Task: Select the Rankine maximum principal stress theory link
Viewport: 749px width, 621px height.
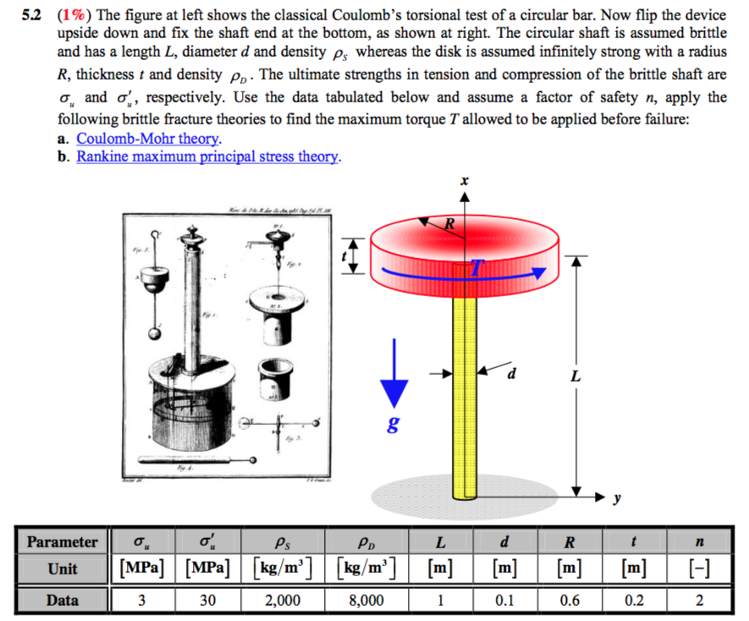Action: [x=208, y=157]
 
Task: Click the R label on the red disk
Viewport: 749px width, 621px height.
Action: [x=451, y=225]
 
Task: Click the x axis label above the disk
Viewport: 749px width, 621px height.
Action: [x=464, y=181]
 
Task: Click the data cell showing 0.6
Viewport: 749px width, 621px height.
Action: [x=570, y=600]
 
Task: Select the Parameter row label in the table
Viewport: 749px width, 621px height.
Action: [x=62, y=541]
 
